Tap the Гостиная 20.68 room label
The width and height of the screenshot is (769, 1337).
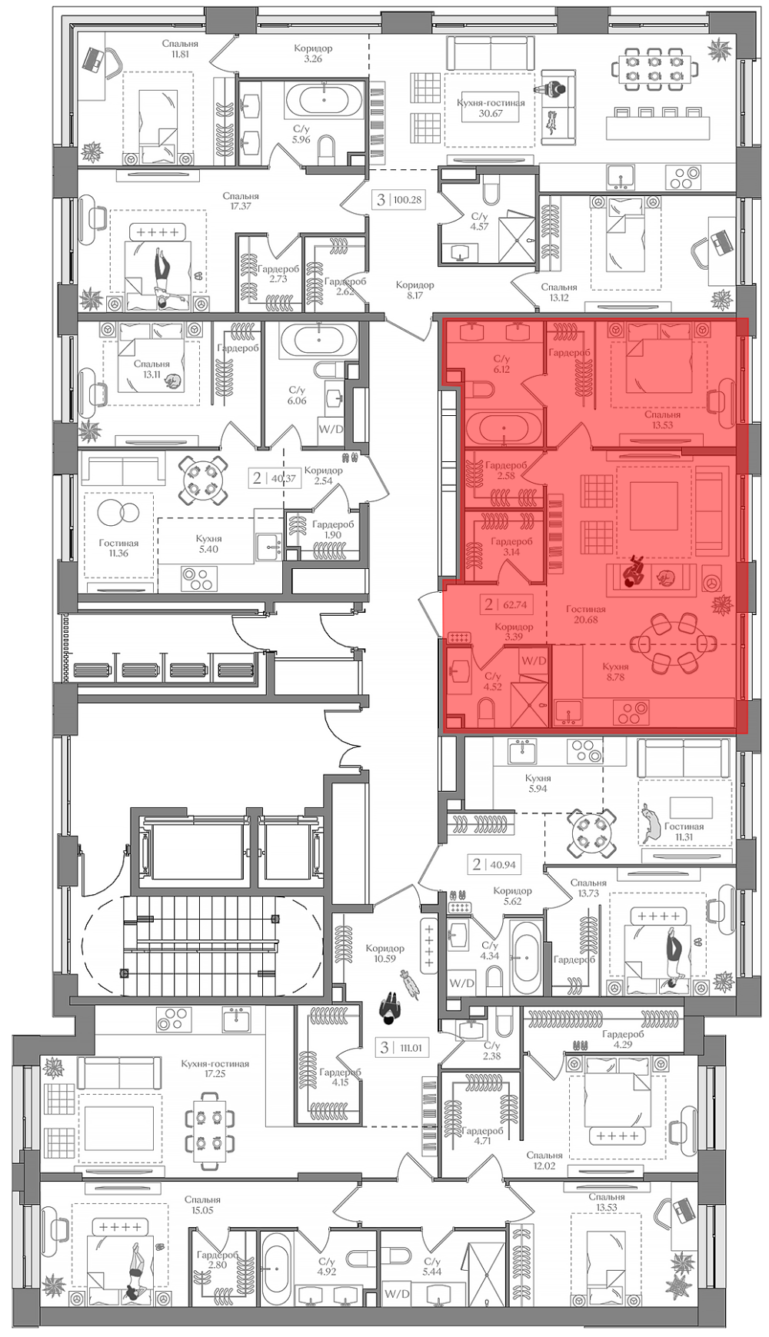[x=585, y=614]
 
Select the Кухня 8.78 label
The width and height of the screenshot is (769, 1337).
[x=615, y=671]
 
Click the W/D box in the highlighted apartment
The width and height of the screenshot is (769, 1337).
[x=534, y=660]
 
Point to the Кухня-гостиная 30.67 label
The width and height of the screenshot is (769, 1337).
[x=491, y=108]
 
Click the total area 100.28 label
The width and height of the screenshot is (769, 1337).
[x=407, y=200]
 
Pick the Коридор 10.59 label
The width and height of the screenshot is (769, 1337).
[x=384, y=953]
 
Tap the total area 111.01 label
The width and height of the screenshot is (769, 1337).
[x=411, y=1047]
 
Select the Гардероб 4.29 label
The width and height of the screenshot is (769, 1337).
[x=623, y=1039]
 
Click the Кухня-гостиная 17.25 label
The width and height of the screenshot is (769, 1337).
[x=215, y=1069]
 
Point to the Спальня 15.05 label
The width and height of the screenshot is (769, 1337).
[x=202, y=1204]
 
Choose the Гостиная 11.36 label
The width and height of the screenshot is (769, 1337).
[x=118, y=547]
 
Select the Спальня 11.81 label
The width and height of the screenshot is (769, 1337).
[x=181, y=49]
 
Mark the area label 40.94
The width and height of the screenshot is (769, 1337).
[x=503, y=864]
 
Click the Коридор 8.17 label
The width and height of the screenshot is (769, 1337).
[x=415, y=289]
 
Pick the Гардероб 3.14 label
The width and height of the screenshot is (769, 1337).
[x=511, y=547]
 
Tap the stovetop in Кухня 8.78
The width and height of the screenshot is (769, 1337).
[x=631, y=713]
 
